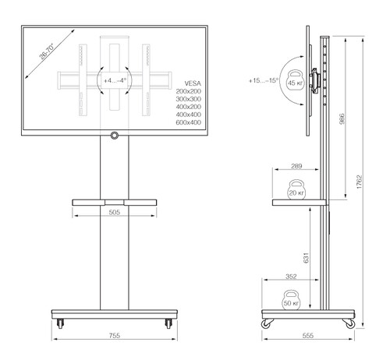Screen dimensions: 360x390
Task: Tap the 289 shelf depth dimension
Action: [x=296, y=166]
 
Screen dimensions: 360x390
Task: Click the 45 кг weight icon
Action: [x=296, y=81]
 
